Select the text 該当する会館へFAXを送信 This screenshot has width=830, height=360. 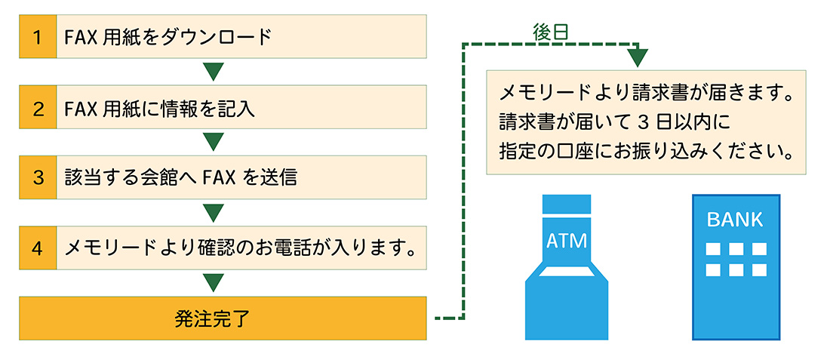[181, 177]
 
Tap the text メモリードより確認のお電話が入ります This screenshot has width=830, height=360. [241, 248]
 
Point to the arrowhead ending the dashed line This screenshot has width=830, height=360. [638, 57]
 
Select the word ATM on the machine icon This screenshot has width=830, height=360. [567, 242]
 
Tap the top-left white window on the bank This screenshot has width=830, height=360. [711, 248]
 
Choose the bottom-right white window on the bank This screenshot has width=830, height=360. [759, 270]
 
